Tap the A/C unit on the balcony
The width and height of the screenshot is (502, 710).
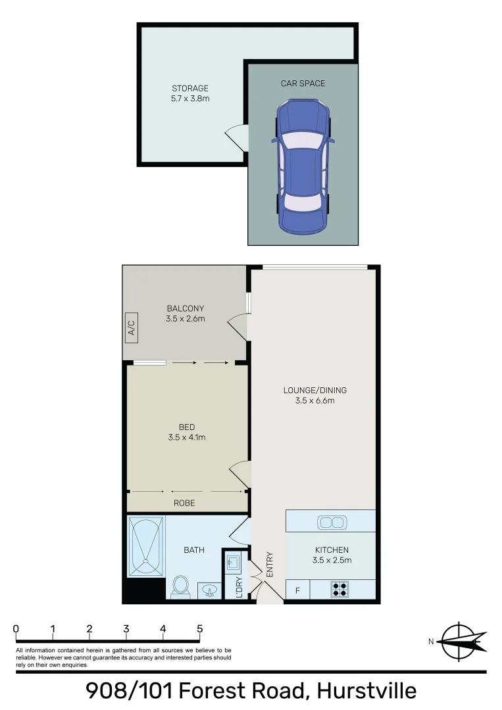130,327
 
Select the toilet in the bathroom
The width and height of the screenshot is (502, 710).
180,587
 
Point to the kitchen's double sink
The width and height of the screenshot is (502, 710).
331,523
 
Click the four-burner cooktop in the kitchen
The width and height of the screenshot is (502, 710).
339,590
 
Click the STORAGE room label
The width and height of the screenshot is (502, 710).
190,88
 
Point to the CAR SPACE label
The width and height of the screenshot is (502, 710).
303,83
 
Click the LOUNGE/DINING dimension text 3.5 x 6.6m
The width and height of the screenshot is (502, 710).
314,400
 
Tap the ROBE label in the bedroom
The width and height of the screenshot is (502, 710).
184,504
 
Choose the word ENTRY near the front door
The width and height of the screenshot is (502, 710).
269,564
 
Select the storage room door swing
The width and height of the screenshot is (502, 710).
237,137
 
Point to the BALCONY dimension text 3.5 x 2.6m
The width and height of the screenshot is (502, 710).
186,319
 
